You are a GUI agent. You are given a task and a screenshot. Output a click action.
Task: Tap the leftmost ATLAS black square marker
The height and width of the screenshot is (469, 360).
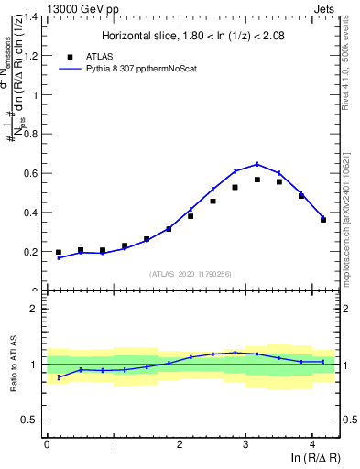click(x=59, y=252)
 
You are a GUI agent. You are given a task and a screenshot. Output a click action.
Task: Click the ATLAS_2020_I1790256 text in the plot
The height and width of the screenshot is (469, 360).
click(x=191, y=274)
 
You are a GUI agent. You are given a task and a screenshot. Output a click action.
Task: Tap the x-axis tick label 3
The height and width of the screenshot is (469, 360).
click(x=245, y=445)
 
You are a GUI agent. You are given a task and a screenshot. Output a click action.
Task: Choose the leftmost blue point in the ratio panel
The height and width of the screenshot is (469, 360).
click(x=59, y=376)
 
